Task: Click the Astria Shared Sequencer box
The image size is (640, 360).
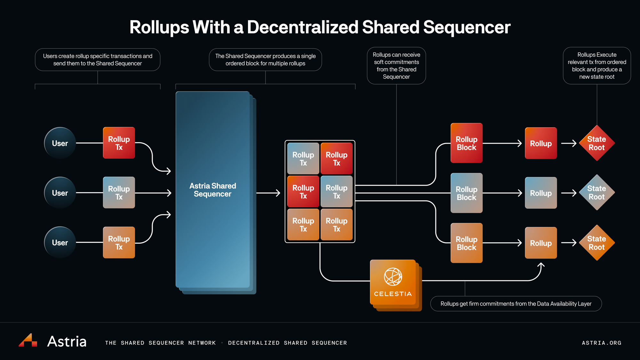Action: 213,190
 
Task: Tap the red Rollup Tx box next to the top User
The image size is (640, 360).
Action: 119,143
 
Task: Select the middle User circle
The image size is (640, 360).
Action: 60,193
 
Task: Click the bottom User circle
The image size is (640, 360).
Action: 60,243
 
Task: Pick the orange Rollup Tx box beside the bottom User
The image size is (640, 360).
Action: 119,243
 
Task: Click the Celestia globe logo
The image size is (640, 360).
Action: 393,276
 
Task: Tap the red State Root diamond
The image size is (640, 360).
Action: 597,143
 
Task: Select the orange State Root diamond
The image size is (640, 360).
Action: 597,243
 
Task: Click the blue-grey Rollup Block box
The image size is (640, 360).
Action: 467,193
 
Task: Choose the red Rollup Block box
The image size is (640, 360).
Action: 467,143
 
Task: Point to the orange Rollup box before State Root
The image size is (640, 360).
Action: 541,243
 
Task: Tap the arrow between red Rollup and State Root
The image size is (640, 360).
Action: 569,143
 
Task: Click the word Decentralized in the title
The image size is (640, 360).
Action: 302,27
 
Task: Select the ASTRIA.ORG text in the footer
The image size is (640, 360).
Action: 601,343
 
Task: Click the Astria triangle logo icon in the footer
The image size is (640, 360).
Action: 28,340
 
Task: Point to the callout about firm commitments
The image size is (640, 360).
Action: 516,304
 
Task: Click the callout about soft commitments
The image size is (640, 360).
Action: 396,66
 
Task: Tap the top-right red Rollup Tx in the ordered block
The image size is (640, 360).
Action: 337,159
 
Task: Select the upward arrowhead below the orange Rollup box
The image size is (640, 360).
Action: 541,265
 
